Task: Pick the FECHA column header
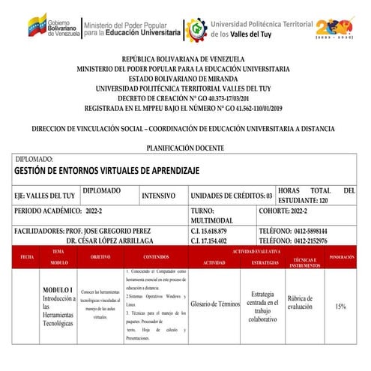[28, 257]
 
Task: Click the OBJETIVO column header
[100, 257]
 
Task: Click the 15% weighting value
[341, 307]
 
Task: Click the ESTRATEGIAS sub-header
[265, 263]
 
